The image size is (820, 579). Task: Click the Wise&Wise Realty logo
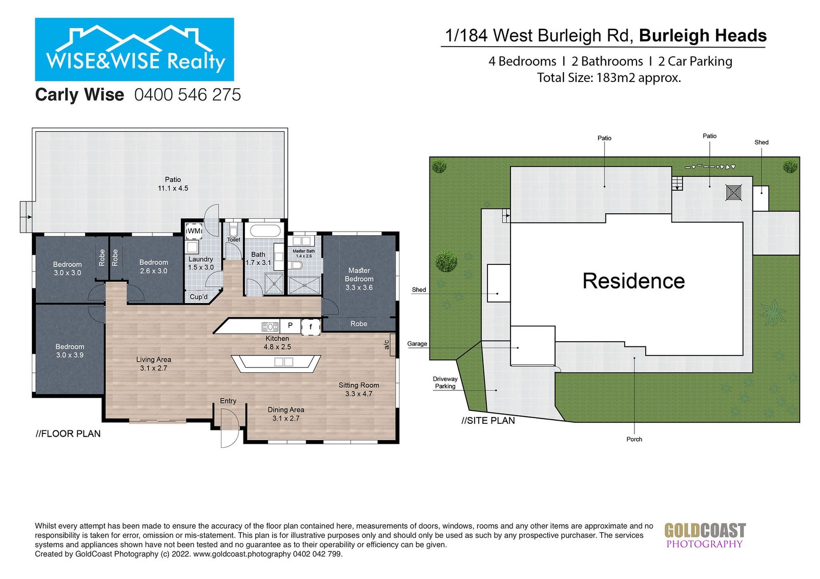pos(134,50)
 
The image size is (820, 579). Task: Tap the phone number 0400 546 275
pos(188,95)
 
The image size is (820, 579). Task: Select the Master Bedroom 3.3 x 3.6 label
pos(359,279)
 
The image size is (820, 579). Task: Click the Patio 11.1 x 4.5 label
pos(173,184)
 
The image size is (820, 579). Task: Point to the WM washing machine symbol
pos(194,231)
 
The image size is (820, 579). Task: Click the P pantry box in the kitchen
pos(290,325)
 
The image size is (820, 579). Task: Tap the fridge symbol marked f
pos(311,326)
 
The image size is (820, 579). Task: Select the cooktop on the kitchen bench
pos(270,326)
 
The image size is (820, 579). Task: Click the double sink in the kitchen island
pos(283,362)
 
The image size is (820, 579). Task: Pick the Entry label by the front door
pos(228,401)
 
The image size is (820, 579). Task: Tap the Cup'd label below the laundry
pos(198,297)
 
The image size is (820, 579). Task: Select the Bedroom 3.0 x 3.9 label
pos(70,350)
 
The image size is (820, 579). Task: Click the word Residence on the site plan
pos(633,281)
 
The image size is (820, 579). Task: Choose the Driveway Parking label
pos(445,383)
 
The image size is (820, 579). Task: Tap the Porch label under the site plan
pos(634,439)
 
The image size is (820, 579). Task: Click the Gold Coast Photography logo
pos(705,535)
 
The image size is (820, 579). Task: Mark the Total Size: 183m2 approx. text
pos(609,78)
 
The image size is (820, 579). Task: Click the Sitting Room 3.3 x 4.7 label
pos(359,389)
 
